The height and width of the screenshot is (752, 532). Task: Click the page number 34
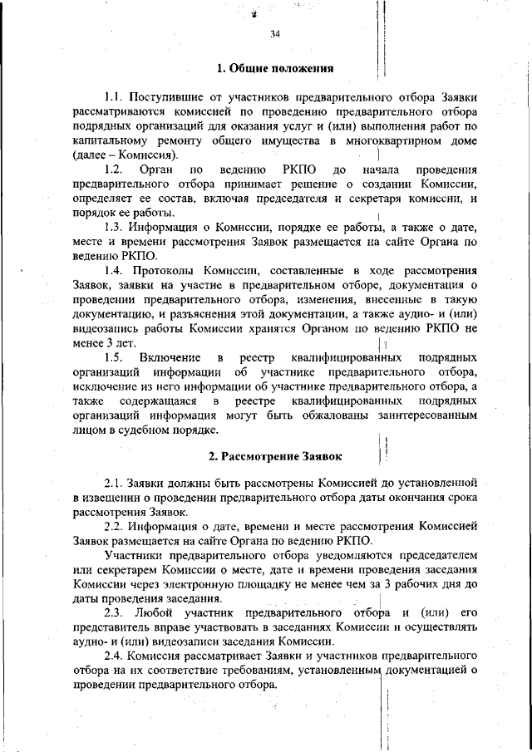(275, 34)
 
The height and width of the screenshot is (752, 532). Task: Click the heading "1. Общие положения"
(274, 68)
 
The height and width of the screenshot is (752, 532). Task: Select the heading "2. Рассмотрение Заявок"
(274, 456)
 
